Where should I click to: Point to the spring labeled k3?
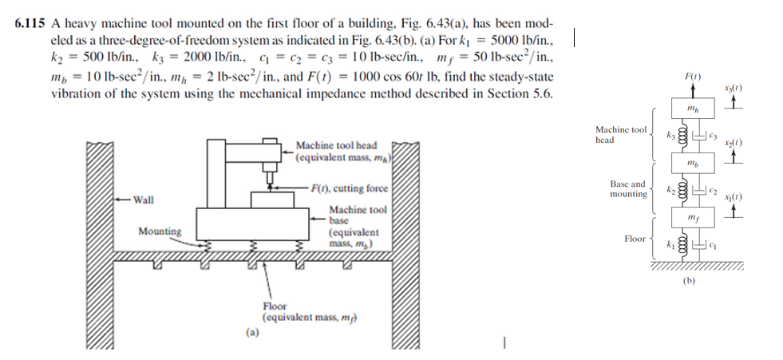(x=682, y=135)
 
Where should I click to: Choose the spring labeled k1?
(x=682, y=243)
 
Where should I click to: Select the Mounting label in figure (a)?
(x=159, y=231)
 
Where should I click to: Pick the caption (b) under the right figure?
(x=690, y=281)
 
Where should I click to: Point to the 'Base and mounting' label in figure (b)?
(x=628, y=188)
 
